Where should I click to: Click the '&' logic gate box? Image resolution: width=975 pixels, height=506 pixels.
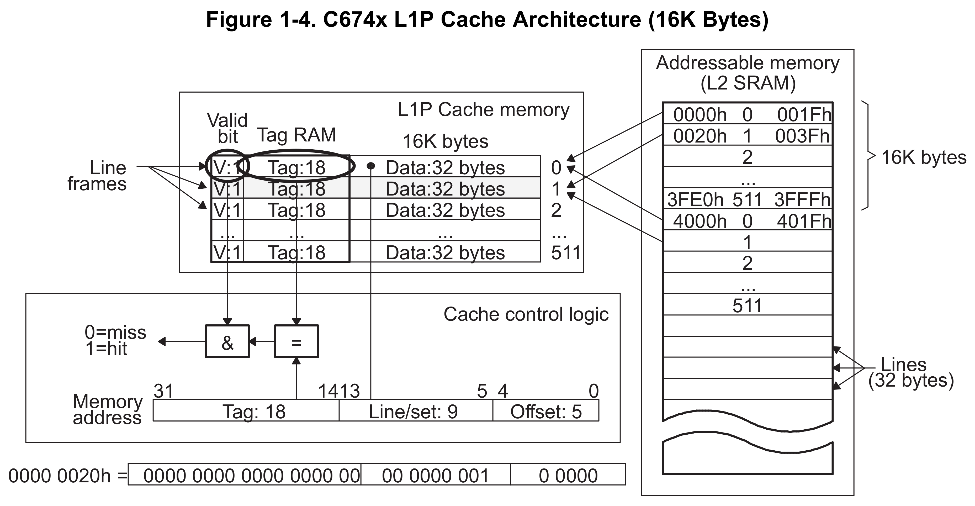click(x=227, y=341)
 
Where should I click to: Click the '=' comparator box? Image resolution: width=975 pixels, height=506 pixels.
click(x=296, y=341)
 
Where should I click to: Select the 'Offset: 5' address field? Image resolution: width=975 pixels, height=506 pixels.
click(x=546, y=411)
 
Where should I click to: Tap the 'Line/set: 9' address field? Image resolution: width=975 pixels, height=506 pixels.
click(x=413, y=411)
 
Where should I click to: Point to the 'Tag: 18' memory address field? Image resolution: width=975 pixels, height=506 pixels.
click(x=254, y=411)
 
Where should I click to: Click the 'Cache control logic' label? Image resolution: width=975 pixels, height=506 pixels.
click(x=526, y=314)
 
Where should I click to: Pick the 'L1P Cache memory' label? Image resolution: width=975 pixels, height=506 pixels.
click(x=483, y=110)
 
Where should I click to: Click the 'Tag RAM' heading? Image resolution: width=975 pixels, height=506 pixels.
click(x=296, y=135)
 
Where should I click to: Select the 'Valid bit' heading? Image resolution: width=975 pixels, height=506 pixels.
click(x=227, y=128)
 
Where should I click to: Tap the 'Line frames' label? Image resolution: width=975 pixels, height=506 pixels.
click(x=98, y=176)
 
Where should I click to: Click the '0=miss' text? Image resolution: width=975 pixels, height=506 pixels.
click(x=115, y=332)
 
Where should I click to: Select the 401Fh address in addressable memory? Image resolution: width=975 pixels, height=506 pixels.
click(x=804, y=221)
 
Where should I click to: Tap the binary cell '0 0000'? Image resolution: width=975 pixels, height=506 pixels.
click(x=568, y=476)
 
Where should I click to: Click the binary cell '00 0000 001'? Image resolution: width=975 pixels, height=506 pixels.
click(x=435, y=476)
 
